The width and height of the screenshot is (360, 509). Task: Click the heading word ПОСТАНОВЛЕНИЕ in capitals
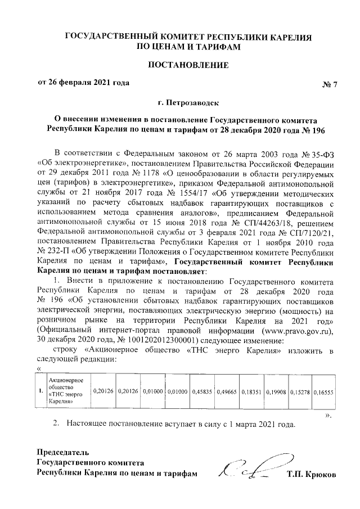(x=188, y=65)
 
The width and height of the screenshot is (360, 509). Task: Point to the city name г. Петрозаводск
(x=188, y=102)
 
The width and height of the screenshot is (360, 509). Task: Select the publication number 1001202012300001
(x=159, y=341)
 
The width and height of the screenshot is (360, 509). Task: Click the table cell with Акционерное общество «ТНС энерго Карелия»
(x=66, y=391)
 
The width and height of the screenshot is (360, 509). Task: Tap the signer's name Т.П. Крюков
(x=310, y=475)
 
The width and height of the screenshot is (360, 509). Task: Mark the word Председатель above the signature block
(x=63, y=452)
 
